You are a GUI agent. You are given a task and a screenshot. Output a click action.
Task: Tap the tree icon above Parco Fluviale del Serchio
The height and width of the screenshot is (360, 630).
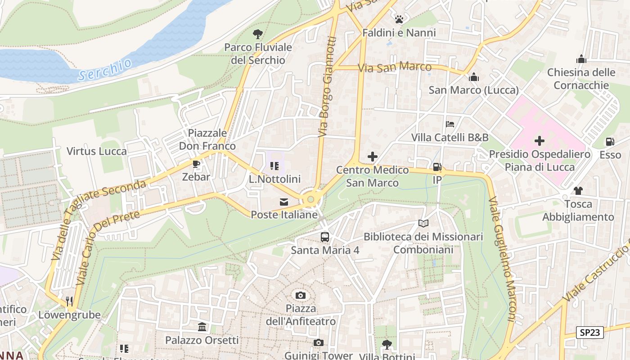257,34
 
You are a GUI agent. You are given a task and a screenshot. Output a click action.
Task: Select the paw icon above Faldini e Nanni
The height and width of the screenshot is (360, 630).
399,19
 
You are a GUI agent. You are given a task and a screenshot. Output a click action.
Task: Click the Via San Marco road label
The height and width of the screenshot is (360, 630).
395,67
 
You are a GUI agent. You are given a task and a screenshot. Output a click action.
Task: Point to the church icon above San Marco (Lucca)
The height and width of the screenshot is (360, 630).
473,77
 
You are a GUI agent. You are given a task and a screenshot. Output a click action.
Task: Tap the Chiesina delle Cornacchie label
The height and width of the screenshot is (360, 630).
581,79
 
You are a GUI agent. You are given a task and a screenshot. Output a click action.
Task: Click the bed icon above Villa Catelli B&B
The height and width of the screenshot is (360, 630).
450,124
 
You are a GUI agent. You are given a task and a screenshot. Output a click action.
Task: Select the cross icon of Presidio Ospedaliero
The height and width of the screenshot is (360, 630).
539,141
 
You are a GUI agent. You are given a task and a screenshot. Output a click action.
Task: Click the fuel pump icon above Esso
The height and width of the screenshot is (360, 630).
610,142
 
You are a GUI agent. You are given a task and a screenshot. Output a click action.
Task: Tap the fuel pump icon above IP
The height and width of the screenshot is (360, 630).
437,167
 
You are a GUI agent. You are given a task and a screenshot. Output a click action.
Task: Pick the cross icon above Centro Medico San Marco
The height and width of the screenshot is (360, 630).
372,157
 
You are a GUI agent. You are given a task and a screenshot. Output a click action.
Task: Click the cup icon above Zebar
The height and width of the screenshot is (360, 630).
196,164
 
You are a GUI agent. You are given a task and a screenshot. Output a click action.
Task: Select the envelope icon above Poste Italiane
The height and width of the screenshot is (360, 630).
284,202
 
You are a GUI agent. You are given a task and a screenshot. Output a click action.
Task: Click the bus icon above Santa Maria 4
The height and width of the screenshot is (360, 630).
324,237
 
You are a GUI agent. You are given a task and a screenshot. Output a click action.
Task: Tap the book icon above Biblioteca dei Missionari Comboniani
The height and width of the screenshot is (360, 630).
423,223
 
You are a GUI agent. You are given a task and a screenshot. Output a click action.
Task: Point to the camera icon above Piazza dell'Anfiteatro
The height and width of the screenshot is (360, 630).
301,295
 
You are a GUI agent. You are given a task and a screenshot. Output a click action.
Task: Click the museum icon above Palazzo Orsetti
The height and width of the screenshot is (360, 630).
202,327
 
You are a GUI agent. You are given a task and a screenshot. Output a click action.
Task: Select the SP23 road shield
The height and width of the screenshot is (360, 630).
589,333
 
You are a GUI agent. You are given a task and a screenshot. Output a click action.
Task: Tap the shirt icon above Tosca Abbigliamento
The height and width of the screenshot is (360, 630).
578,191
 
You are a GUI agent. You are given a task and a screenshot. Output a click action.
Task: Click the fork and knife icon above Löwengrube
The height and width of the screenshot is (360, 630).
69,301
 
